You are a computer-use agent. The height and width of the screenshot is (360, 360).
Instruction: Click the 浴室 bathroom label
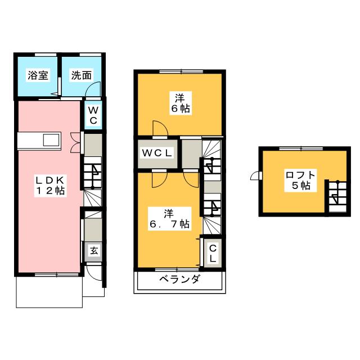(x=38, y=75)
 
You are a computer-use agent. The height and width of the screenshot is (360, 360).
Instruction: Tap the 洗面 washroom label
(x=82, y=75)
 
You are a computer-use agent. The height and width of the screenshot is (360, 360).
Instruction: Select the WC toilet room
(x=93, y=115)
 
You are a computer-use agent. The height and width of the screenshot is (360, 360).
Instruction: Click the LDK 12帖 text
(x=50, y=185)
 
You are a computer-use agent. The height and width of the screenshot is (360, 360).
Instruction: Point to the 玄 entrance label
(x=94, y=251)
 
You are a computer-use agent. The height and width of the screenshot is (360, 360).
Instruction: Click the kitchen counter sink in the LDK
(x=39, y=141)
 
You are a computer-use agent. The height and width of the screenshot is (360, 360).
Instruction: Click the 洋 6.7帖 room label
(x=168, y=219)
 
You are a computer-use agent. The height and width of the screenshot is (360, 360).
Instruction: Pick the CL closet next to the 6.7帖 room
(x=213, y=253)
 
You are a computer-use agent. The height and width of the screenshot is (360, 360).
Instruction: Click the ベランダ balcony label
(x=178, y=280)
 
